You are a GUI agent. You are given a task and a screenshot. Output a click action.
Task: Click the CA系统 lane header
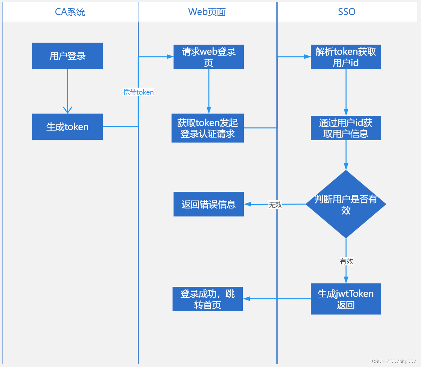coord(70,12)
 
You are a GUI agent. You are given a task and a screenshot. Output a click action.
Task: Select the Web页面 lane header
coord(207,12)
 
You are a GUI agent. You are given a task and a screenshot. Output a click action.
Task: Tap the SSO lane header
coord(347,12)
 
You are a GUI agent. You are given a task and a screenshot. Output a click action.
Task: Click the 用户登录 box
coord(68,56)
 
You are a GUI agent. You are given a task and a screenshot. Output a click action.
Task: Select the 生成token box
coord(68,127)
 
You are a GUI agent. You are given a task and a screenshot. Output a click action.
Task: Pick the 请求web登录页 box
coord(209,57)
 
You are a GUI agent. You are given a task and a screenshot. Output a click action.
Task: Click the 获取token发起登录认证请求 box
coord(208,128)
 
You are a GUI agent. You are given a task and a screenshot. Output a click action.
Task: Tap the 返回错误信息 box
coord(209,204)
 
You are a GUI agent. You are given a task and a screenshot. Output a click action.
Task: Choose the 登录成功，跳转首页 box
coord(208,299)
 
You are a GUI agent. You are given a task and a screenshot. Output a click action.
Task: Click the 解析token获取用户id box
coord(346,57)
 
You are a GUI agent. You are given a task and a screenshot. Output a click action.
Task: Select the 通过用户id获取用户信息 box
coord(346,128)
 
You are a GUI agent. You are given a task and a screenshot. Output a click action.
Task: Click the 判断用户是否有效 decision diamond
coord(346,204)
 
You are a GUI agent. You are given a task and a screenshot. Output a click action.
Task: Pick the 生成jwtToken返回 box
coord(346,299)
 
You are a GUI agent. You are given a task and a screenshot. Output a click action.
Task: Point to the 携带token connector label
coord(139,92)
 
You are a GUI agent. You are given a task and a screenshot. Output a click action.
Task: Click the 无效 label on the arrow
coord(275,204)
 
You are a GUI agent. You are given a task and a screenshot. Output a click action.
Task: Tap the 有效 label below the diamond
coord(346,261)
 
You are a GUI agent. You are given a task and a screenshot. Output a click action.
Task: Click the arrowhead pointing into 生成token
coord(68,110)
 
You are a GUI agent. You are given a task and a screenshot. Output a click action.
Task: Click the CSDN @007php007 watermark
coord(394,361)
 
